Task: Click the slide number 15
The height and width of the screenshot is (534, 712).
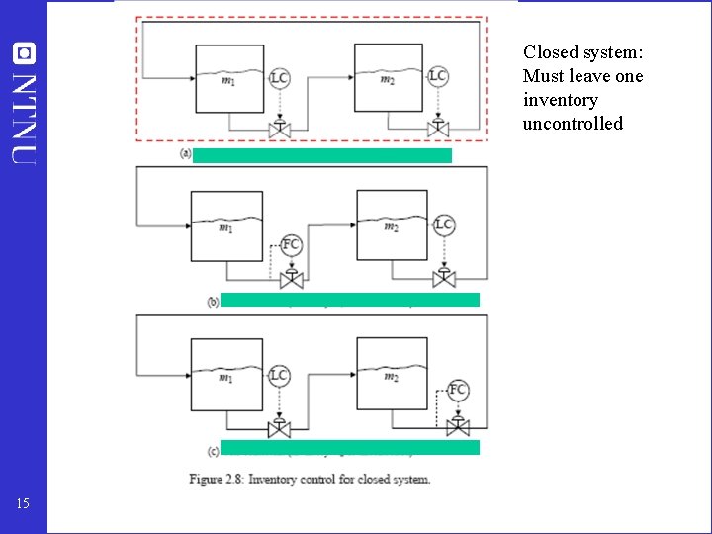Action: (x=24, y=504)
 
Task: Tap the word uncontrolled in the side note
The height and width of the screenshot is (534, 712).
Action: (x=573, y=124)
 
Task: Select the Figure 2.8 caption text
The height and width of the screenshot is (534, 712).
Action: (x=310, y=480)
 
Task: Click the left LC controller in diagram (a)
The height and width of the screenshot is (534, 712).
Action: (x=279, y=77)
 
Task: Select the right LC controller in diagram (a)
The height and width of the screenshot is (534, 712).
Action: (x=438, y=76)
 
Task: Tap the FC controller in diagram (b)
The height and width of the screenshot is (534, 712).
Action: (x=291, y=244)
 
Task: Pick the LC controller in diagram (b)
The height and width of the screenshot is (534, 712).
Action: (x=444, y=225)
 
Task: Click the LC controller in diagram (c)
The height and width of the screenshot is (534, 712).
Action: (x=279, y=375)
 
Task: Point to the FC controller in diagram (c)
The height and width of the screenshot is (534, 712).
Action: (x=458, y=389)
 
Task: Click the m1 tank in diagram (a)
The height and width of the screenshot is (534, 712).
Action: (x=228, y=80)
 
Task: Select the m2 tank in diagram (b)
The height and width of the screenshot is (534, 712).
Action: (x=392, y=226)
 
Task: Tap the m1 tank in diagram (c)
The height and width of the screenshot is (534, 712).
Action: (x=226, y=376)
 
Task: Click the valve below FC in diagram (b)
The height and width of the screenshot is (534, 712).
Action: (x=291, y=280)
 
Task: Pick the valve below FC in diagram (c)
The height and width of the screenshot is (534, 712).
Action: (x=458, y=426)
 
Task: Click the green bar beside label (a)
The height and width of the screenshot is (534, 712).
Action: (x=322, y=155)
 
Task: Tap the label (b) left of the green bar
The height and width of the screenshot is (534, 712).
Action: (x=213, y=302)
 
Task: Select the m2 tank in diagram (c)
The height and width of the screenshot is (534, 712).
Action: (x=392, y=375)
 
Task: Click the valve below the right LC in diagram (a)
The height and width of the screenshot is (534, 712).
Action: (x=438, y=128)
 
